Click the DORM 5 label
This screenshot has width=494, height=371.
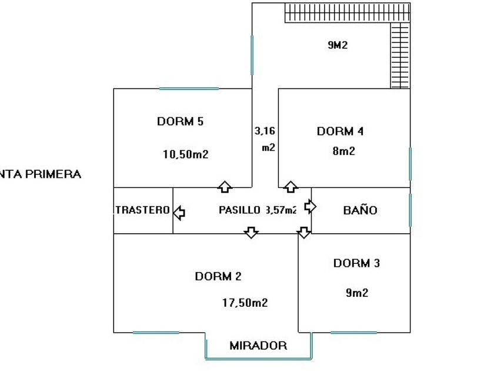[x=180, y=122]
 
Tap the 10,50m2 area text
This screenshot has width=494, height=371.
[x=186, y=155]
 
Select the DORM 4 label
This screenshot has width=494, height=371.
[x=340, y=131]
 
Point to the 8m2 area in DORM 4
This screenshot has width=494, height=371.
[x=343, y=151]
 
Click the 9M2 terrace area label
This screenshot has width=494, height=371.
[x=338, y=45]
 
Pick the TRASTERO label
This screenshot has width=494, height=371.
[x=143, y=210]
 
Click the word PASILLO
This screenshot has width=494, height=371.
[x=239, y=210]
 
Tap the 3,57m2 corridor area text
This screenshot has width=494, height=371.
[x=281, y=210]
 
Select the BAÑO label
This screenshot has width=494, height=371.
[x=360, y=210]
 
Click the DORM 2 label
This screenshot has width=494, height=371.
[x=218, y=276]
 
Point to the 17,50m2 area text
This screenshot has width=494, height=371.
[x=245, y=303]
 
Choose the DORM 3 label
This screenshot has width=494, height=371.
[x=356, y=263]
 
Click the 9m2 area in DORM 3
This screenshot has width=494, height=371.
[x=357, y=293]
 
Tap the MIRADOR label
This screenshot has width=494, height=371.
[x=258, y=346]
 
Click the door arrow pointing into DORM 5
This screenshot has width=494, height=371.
[x=224, y=187]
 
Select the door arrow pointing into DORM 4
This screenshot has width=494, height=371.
[x=291, y=187]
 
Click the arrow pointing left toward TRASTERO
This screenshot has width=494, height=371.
[x=179, y=210]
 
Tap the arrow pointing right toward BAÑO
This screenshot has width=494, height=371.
[x=310, y=207]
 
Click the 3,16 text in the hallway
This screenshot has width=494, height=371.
[x=265, y=130]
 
